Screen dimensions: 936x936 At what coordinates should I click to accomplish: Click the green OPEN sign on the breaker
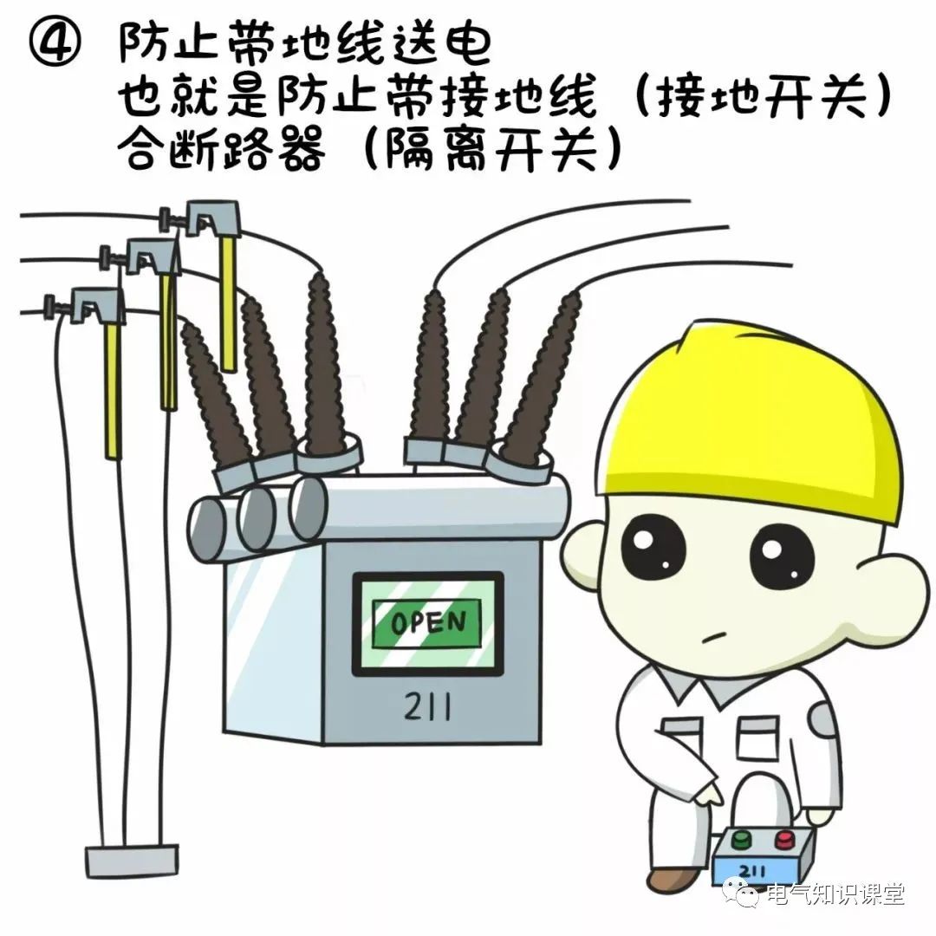click(x=427, y=623)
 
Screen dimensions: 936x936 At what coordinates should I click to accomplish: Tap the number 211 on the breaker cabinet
click(x=427, y=709)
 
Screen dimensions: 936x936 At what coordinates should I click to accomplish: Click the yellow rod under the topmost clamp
click(x=228, y=303)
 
